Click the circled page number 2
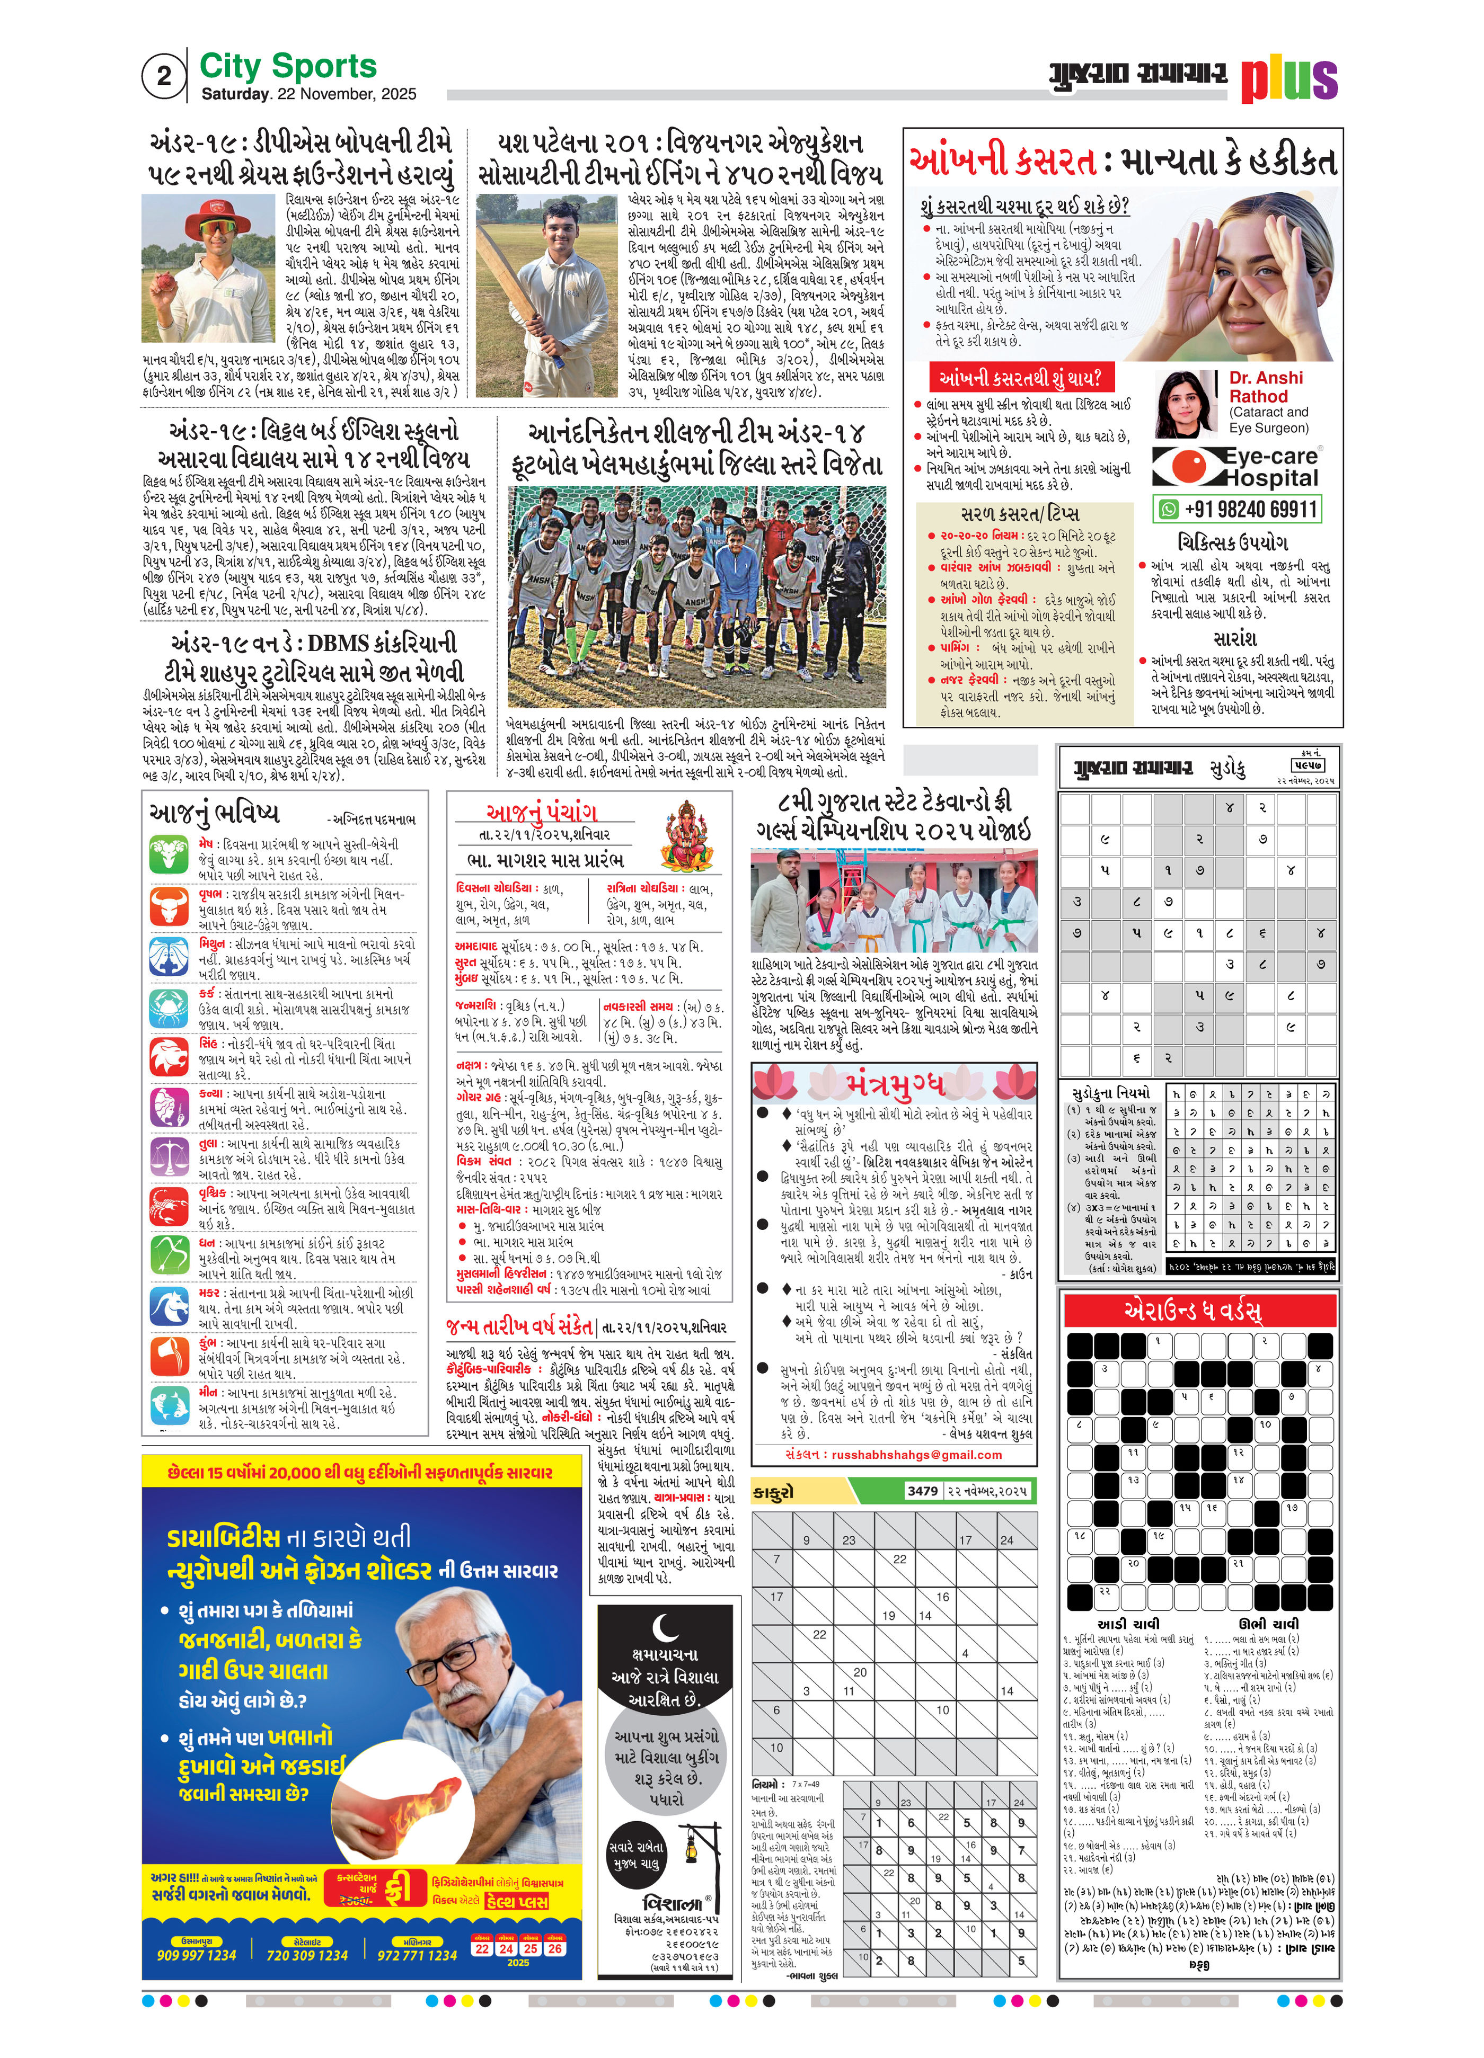point(163,76)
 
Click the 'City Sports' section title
point(288,66)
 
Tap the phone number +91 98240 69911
point(1250,509)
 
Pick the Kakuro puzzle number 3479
point(922,1491)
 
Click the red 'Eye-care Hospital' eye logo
point(1186,467)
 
